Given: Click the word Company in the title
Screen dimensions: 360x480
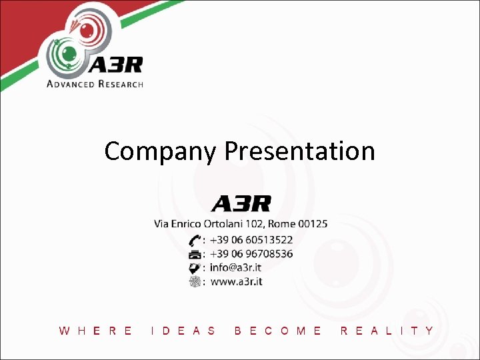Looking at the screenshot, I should [x=160, y=151].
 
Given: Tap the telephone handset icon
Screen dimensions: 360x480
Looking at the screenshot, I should [x=195, y=239].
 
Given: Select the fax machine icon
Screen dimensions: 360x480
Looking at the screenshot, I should [x=195, y=254].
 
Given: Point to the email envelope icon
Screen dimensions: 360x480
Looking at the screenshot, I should [x=195, y=267].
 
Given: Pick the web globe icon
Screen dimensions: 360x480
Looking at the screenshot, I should [x=195, y=281].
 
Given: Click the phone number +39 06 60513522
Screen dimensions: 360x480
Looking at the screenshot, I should [x=251, y=239].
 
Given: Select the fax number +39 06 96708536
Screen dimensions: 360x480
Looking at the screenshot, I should [x=251, y=253].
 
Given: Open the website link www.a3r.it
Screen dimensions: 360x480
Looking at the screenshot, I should [x=236, y=281].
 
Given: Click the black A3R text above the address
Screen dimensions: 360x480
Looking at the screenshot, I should [x=241, y=203].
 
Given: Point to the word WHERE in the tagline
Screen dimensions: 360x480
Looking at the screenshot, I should [x=96, y=330].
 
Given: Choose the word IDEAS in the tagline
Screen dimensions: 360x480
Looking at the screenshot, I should [x=184, y=330].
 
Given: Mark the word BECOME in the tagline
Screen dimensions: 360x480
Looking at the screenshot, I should [x=278, y=330].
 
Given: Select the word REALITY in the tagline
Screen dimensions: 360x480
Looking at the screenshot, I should [x=387, y=330].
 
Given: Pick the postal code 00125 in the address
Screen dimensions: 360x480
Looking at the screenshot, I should [x=313, y=224].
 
